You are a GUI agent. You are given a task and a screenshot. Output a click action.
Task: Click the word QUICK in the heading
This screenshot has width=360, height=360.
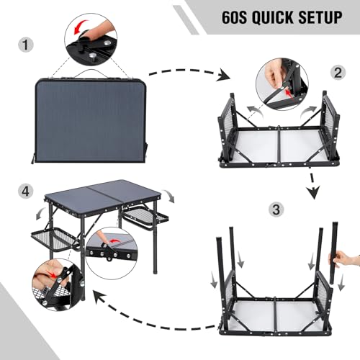(272, 17)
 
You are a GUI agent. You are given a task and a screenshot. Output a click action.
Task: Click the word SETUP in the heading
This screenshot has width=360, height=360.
(320, 17)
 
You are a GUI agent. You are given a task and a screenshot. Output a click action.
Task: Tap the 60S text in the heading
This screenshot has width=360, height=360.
(234, 17)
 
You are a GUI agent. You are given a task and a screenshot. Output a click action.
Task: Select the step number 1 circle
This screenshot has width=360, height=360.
(26, 45)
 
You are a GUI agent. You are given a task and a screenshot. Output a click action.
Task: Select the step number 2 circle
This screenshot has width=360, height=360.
(338, 73)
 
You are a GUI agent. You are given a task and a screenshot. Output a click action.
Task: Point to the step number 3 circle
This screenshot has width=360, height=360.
(276, 210)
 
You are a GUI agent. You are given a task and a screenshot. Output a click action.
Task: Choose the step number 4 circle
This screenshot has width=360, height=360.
(26, 192)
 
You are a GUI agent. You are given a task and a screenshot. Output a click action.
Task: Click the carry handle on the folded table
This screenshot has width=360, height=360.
(91, 73)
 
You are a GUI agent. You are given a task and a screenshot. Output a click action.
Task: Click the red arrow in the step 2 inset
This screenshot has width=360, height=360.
(288, 93)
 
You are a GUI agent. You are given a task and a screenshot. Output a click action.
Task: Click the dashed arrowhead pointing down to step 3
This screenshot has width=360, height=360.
(313, 192)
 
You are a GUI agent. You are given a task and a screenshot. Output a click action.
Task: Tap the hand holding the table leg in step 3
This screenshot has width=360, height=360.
(345, 259)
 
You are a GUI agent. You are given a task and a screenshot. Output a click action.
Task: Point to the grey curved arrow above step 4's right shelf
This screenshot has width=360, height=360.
(168, 196)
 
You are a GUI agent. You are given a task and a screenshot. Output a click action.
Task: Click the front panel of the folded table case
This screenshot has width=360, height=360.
(91, 122)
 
